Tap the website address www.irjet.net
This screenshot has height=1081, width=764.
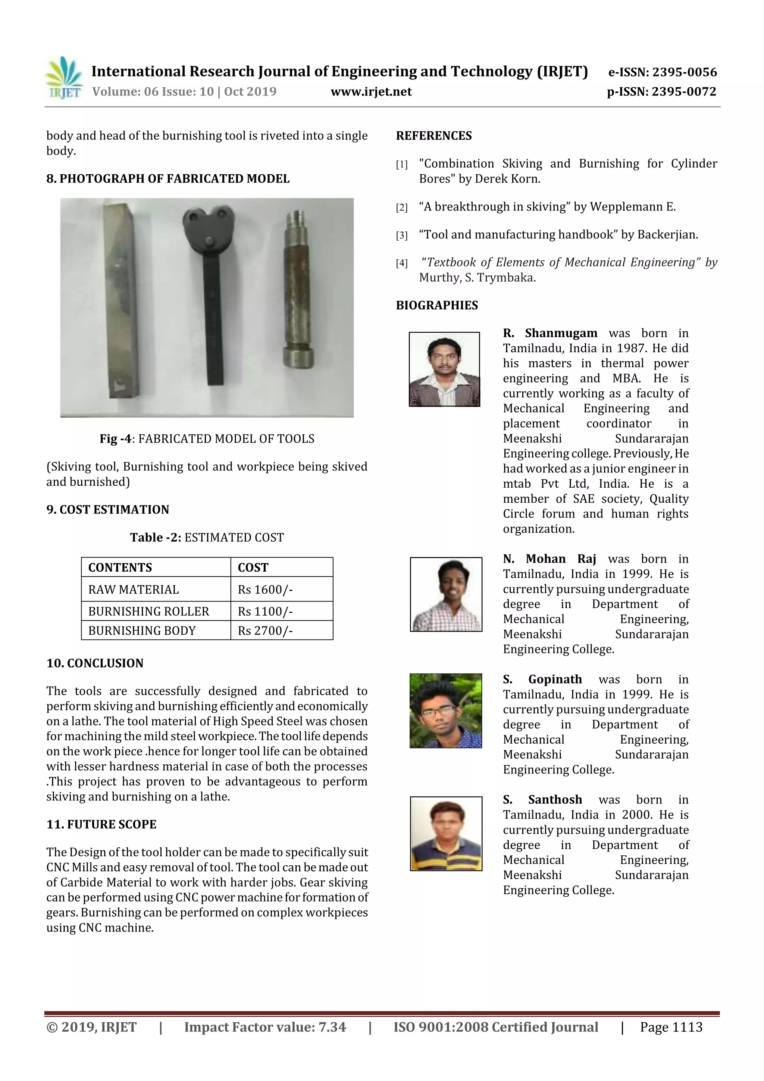tap(371, 92)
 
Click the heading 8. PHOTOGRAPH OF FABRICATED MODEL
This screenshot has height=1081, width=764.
tap(167, 179)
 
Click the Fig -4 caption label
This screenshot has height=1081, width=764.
tap(115, 439)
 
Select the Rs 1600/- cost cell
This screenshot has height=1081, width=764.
tap(265, 590)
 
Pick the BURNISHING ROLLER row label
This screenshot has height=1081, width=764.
tap(148, 611)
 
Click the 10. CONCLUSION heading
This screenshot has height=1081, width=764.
tap(95, 663)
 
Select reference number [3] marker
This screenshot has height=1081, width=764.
tap(401, 235)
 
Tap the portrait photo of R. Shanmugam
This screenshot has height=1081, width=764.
tap(444, 369)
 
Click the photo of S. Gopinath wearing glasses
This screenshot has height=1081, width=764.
tap(445, 710)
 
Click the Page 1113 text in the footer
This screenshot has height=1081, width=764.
tap(671, 1027)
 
